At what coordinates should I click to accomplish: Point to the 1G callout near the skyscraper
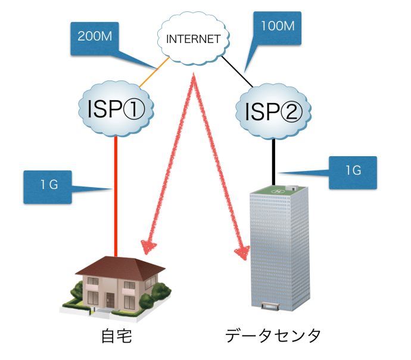pyautogui.click(x=353, y=170)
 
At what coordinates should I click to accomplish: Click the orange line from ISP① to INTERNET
pyautogui.click(x=148, y=74)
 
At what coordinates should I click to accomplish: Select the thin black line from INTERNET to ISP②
pyautogui.click(x=238, y=72)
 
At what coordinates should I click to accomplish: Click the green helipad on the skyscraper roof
pyautogui.click(x=278, y=190)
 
